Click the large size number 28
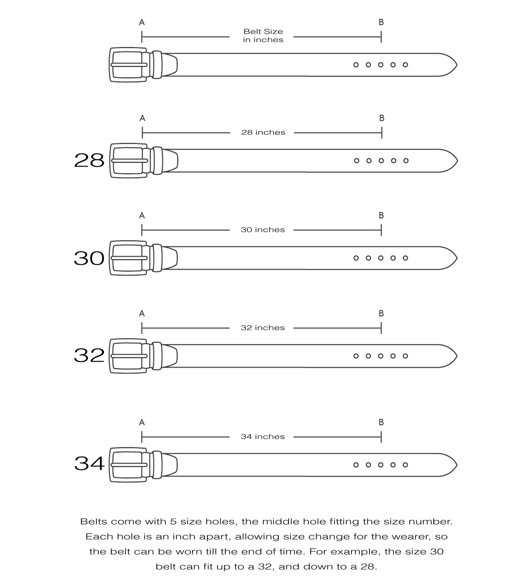[89, 161]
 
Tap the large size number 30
[89, 258]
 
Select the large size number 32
[89, 356]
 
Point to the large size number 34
[89, 463]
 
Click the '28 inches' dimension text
[263, 133]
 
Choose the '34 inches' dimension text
[263, 437]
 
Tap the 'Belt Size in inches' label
[263, 36]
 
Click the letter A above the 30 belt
[142, 216]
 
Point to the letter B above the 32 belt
[381, 313]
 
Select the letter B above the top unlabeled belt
[381, 22]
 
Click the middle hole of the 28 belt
[381, 161]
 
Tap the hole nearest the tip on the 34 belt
[405, 465]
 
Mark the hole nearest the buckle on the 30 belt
[356, 258]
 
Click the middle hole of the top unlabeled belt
[381, 65]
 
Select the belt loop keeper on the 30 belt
[157, 258]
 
